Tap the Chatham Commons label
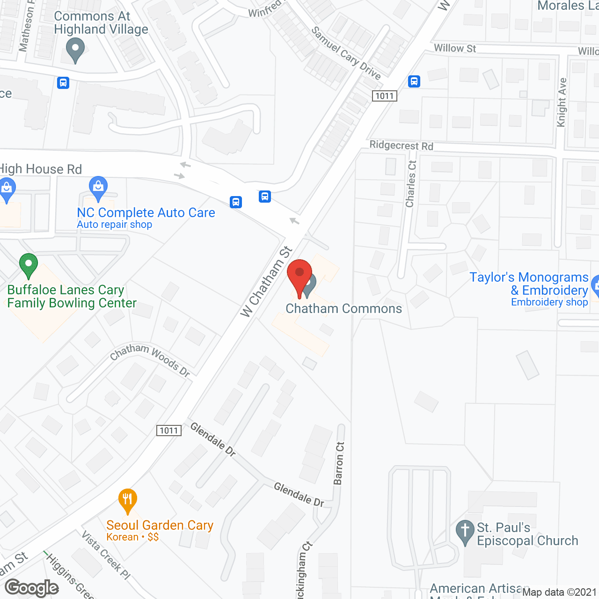pyautogui.click(x=343, y=309)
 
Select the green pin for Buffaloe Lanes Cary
pyautogui.click(x=29, y=265)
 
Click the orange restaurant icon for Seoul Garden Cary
pyautogui.click(x=127, y=500)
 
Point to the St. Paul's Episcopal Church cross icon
pyautogui.click(x=465, y=532)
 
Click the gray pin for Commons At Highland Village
pyautogui.click(x=75, y=50)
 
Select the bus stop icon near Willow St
pyautogui.click(x=414, y=81)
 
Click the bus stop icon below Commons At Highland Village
pyautogui.click(x=63, y=83)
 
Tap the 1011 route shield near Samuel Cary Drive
pyautogui.click(x=385, y=96)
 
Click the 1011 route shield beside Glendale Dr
pyautogui.click(x=169, y=431)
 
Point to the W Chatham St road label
pyautogui.click(x=266, y=283)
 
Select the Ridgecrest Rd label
pyautogui.click(x=401, y=146)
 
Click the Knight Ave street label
pyautogui.click(x=562, y=102)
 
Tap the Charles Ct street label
pyautogui.click(x=411, y=184)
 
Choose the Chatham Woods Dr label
pyautogui.click(x=150, y=359)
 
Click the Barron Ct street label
pyautogui.click(x=339, y=463)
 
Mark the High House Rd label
pyautogui.click(x=41, y=169)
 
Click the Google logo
pyautogui.click(x=32, y=588)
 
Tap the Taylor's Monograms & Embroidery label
pyautogui.click(x=529, y=284)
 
